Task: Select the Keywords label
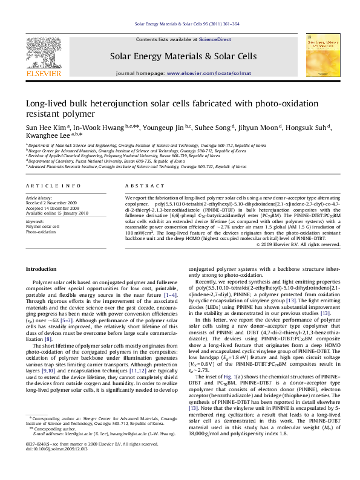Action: (35, 222)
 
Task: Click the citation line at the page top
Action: (180, 25)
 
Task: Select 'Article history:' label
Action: (39, 198)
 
